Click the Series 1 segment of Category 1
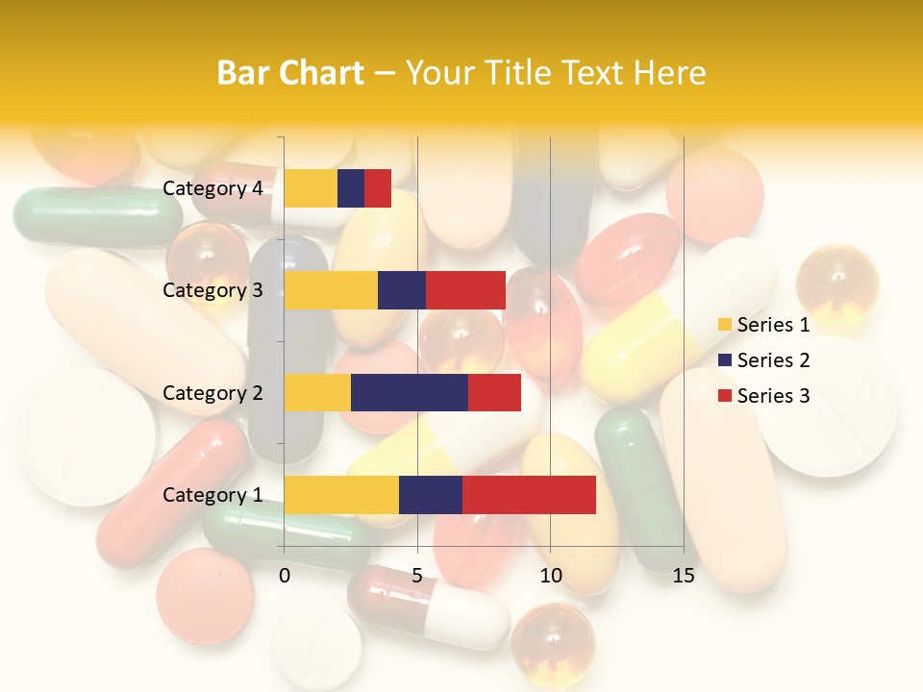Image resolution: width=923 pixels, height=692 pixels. [341, 495]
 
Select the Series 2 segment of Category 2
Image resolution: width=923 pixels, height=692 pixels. [410, 392]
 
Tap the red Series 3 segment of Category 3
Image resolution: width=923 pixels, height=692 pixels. [465, 290]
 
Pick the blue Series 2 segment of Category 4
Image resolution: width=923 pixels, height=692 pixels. [351, 188]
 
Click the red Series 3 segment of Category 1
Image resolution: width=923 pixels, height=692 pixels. [529, 495]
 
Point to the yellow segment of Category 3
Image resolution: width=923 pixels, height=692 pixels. [331, 290]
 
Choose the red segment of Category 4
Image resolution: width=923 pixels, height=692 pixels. [378, 188]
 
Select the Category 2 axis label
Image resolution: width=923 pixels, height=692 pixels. [212, 392]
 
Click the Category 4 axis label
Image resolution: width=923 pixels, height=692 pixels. [212, 188]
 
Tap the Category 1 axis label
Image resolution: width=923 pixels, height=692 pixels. [212, 495]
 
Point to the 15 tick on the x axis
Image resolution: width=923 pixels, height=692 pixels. [684, 576]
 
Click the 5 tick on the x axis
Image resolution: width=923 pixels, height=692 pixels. [417, 576]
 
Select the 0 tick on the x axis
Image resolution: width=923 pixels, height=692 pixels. [285, 576]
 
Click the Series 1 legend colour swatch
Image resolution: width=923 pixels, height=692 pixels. [724, 325]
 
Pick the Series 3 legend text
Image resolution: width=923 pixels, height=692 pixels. [773, 396]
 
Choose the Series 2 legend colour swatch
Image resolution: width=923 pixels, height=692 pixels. [724, 360]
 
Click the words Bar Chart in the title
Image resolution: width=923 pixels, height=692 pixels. [290, 72]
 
